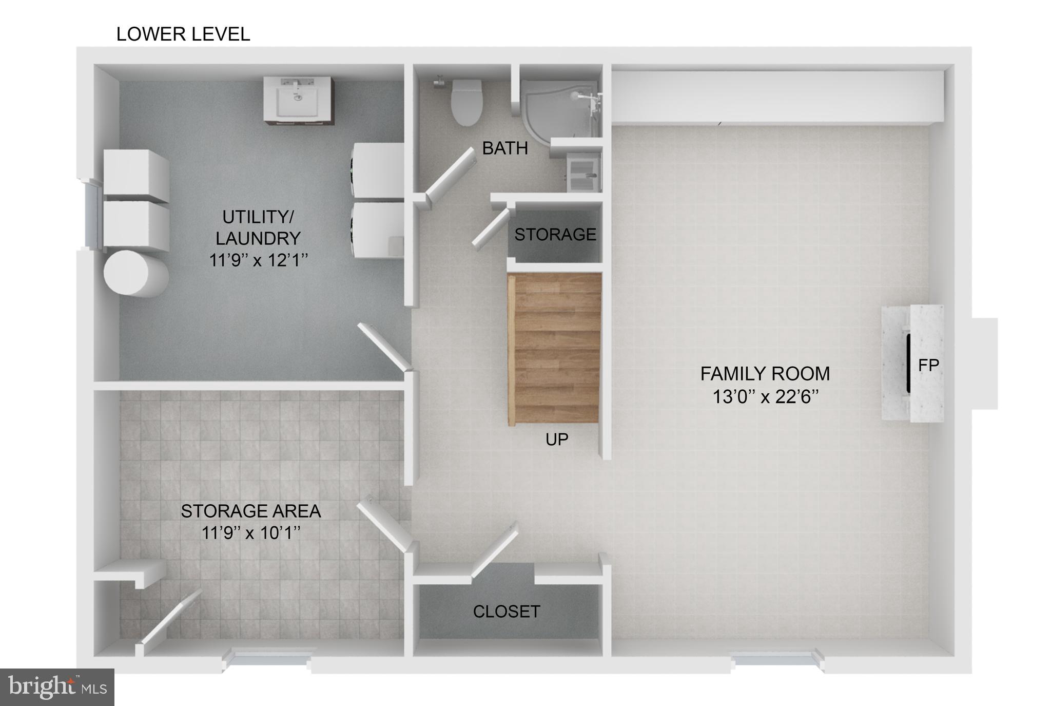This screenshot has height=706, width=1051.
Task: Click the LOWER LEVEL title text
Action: [x=183, y=34]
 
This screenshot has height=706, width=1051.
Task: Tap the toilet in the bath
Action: [x=466, y=102]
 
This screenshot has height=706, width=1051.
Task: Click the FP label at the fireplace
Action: [x=928, y=365]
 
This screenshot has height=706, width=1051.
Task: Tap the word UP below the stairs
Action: [x=556, y=440]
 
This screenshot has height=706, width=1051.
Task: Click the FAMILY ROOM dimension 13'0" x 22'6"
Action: [x=765, y=396]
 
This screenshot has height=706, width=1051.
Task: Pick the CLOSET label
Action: [x=506, y=612]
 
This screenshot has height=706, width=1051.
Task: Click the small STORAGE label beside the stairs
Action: [x=555, y=235]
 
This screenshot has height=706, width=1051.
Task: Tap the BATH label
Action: [x=504, y=148]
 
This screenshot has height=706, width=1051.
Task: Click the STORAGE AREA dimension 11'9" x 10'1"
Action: [x=250, y=533]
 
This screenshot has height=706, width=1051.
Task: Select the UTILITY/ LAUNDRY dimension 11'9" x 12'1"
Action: [x=258, y=260]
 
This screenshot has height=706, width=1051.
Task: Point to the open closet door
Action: [x=494, y=550]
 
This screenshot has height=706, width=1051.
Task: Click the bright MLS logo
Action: [x=57, y=687]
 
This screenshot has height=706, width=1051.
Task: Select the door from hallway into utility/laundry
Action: [x=384, y=346]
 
